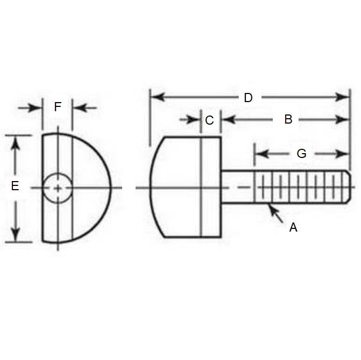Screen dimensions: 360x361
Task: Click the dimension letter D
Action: (x=248, y=98)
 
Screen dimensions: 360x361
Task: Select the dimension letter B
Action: (x=288, y=119)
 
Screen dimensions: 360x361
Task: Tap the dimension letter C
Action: (x=210, y=120)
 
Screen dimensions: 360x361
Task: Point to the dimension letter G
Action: (x=302, y=154)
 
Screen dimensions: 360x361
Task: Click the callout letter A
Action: (x=293, y=228)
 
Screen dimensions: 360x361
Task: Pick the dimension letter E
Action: (x=15, y=186)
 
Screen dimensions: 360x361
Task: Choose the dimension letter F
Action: (x=58, y=107)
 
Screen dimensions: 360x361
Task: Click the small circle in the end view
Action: (x=57, y=188)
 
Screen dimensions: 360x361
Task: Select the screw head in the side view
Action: (x=186, y=187)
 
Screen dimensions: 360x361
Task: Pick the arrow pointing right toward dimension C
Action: (x=194, y=119)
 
